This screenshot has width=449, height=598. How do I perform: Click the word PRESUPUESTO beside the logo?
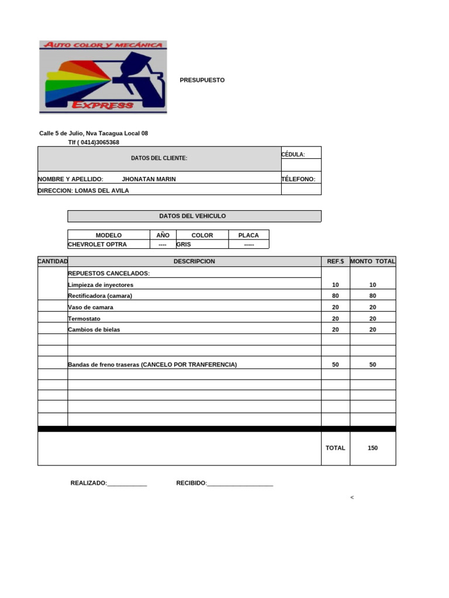(202, 80)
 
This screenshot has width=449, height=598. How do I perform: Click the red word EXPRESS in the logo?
(102, 105)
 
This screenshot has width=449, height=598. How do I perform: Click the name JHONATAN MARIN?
(148, 179)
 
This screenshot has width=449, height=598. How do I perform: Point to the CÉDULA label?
(293, 155)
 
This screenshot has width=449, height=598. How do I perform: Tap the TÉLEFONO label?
(298, 179)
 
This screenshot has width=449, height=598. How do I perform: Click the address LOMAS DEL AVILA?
(102, 190)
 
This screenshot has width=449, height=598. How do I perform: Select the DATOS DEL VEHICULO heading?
(192, 216)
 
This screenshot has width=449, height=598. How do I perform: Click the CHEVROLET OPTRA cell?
(97, 245)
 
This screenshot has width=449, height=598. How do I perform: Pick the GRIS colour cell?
(184, 245)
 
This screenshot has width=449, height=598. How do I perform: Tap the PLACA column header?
(248, 235)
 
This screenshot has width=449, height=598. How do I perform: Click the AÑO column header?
(163, 235)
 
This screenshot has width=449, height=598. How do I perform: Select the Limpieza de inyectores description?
(101, 285)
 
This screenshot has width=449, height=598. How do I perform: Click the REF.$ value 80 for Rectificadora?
(335, 296)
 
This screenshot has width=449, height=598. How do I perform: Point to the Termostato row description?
(84, 319)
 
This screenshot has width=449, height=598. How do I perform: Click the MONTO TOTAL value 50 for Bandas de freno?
(372, 364)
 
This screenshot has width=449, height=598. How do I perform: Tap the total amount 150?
(372, 448)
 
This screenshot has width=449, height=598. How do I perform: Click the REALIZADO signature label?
(89, 483)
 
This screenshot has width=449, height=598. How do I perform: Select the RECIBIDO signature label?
(192, 483)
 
